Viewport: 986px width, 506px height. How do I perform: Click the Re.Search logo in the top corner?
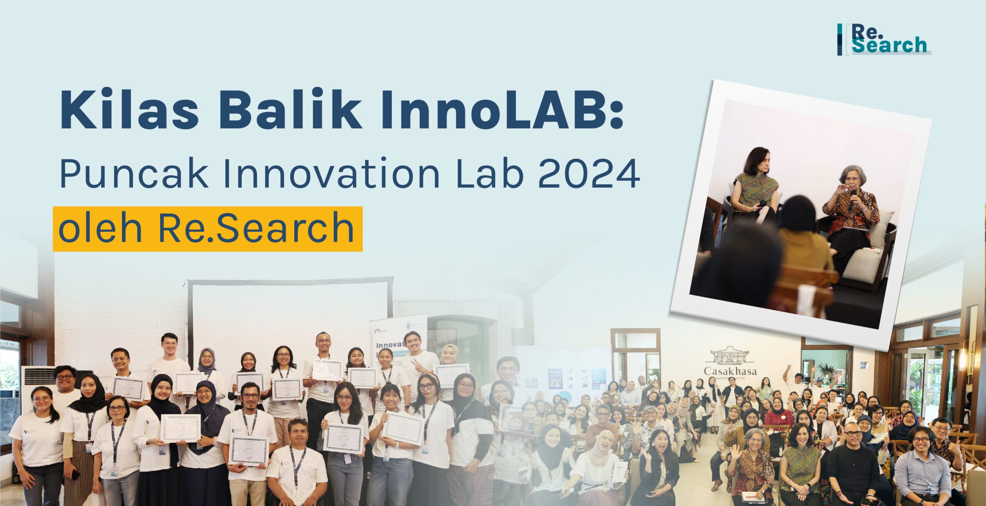click(x=884, y=39)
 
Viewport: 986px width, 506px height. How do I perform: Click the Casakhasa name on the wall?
click(x=730, y=371)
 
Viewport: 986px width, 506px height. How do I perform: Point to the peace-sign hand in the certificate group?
click(x=416, y=363)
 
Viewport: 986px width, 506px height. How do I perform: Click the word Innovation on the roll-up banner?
click(x=389, y=345)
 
